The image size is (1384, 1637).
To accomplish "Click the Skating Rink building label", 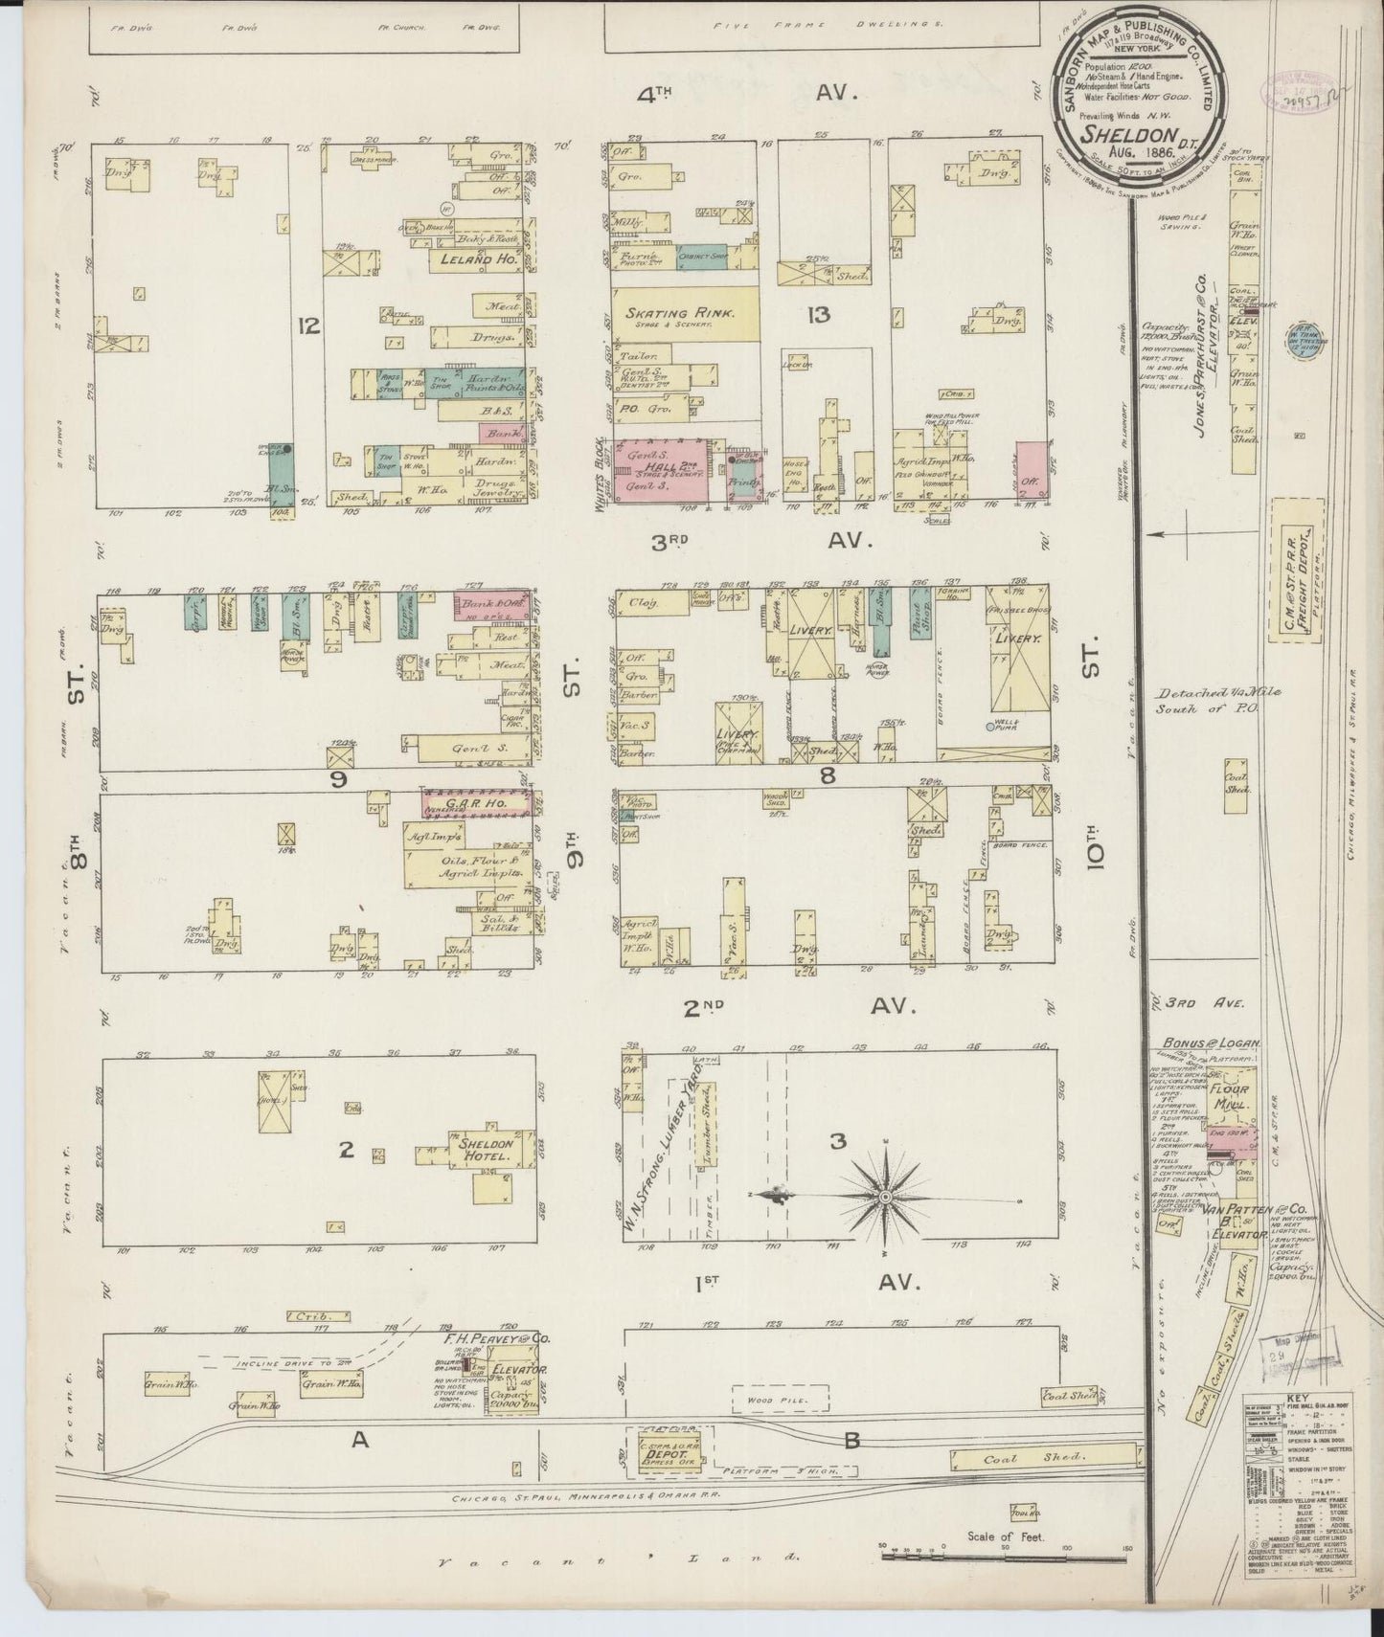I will click(x=680, y=313).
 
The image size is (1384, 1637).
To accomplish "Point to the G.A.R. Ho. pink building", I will click(x=475, y=804).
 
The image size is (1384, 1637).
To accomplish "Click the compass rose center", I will click(x=886, y=1197).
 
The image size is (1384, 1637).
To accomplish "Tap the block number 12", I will click(x=307, y=326).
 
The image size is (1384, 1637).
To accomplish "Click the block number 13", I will click(x=819, y=315).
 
